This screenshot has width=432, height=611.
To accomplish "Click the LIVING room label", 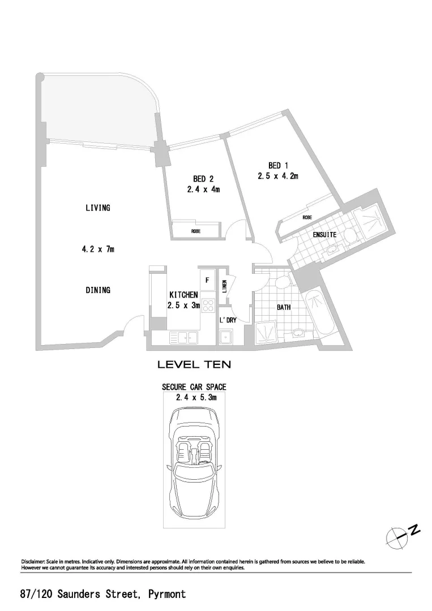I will tap(98, 208).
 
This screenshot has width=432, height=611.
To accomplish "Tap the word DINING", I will tap(98, 290).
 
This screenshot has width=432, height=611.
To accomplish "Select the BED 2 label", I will tap(203, 179).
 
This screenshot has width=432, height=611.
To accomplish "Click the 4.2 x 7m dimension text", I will tap(98, 249).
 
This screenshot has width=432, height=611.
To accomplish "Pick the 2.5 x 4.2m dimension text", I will tap(278, 176).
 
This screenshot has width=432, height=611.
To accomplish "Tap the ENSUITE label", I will tap(325, 235).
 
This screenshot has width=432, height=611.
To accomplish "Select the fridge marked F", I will tap(207, 280).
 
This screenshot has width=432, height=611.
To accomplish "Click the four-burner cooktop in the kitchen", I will tap(207, 306).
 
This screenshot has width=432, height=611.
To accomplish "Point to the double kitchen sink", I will tap(183, 338).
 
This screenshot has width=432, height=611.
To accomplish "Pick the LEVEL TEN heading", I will tap(194, 365).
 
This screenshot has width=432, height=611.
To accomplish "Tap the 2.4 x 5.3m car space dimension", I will tap(194, 398).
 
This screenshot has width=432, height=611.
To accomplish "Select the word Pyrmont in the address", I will tap(166, 594).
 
